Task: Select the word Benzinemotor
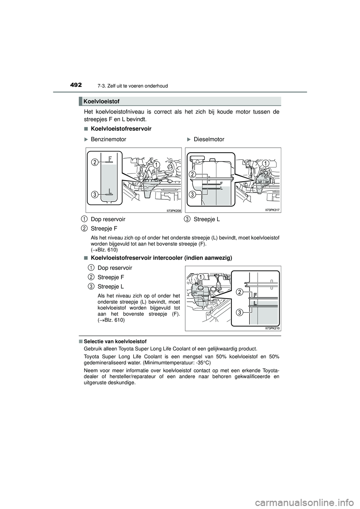pos(108,139)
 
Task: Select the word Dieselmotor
pos(209,139)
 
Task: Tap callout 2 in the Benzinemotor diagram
pos(95,162)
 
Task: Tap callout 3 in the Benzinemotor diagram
pos(95,194)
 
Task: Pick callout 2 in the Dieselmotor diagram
pos(192,174)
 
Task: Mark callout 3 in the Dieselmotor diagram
pos(192,194)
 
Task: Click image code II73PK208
pos(174,211)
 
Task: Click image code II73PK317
pos(273,211)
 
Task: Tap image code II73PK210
pos(273,328)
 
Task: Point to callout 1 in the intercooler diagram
pos(201,277)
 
